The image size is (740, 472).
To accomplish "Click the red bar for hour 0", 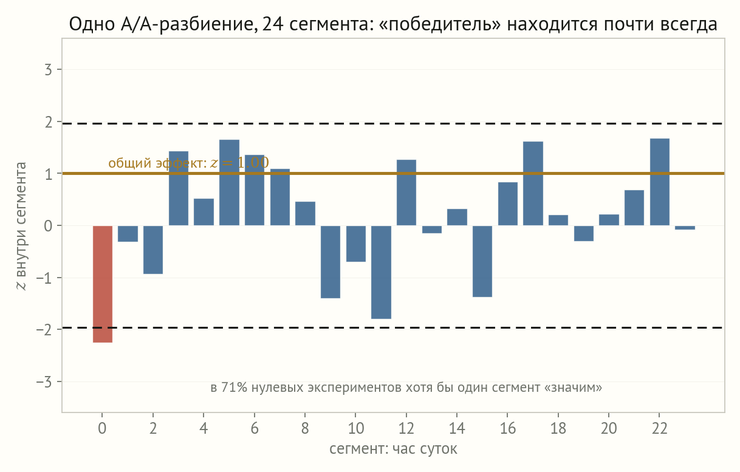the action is [x=103, y=284].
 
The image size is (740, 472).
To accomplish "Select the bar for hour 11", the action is [x=381, y=272].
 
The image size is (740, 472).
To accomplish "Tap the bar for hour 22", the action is [x=659, y=182].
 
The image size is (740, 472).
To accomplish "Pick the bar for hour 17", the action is [x=533, y=183].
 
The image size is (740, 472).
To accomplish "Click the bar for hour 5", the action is [x=229, y=183].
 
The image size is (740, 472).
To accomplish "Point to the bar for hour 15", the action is [x=482, y=261].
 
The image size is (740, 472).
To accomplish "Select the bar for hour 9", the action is [x=331, y=262].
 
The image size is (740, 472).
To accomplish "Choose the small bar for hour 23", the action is [x=685, y=228].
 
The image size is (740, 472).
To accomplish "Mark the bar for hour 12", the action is [x=406, y=193].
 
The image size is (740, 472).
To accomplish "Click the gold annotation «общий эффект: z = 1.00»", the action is [x=188, y=163].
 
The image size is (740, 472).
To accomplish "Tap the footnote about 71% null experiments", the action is [x=406, y=387].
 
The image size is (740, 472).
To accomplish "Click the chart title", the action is [x=393, y=24].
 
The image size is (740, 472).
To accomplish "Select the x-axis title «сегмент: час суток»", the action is [x=393, y=449].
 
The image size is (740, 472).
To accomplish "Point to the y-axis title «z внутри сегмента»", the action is [x=21, y=226].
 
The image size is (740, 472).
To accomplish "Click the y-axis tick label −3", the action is [x=44, y=382].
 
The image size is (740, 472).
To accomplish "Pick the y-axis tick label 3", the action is [x=48, y=70].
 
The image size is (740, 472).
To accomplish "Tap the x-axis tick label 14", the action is [x=457, y=428].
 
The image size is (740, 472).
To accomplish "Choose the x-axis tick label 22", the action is [x=659, y=428].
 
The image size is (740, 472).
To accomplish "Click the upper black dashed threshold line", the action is [x=393, y=123].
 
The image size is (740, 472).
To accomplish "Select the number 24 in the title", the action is [x=273, y=24].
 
